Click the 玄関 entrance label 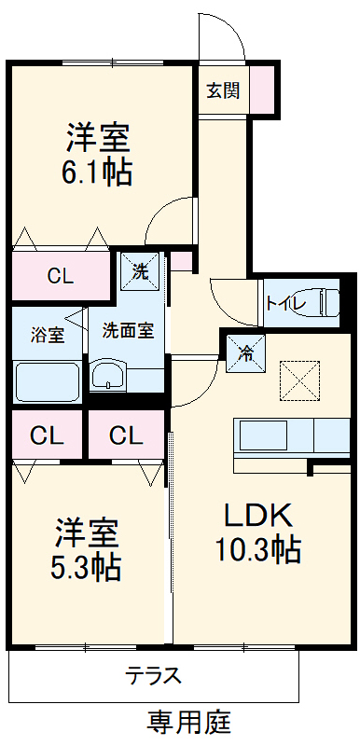point(223,90)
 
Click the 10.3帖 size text point(260,550)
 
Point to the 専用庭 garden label point(189,722)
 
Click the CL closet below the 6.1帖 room point(61,276)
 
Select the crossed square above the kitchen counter point(300,379)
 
